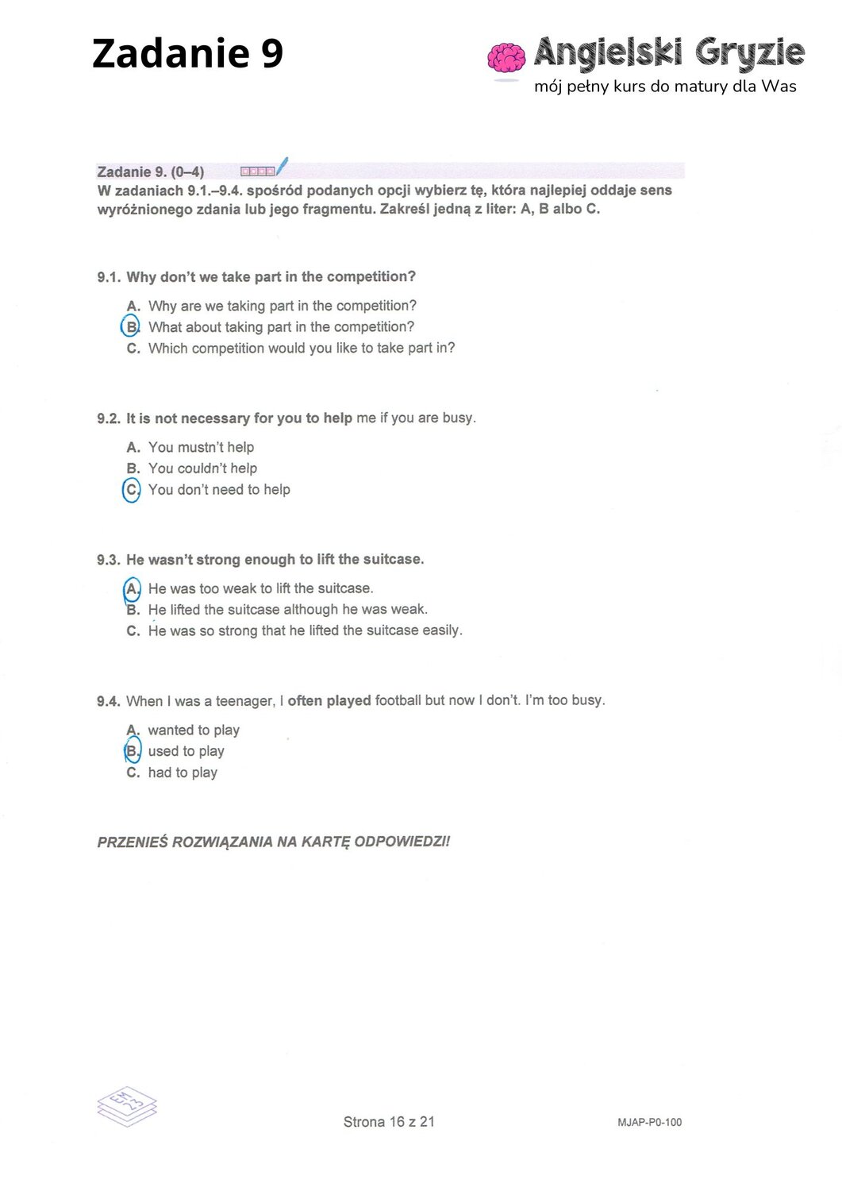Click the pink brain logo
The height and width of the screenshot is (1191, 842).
(506, 58)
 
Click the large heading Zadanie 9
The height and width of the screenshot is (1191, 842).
(187, 54)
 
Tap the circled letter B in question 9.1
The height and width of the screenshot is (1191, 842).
(131, 326)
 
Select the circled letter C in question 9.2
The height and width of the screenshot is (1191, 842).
(132, 490)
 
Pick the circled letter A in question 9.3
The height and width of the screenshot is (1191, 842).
(132, 589)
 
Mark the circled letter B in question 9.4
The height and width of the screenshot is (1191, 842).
(132, 751)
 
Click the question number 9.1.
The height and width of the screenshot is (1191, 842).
(109, 277)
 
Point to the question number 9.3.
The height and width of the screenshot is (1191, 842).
(109, 560)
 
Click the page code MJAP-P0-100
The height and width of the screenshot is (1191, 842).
(649, 1122)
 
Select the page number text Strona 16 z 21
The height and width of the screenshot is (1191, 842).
(389, 1122)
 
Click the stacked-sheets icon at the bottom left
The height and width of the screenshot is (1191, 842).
(127, 1105)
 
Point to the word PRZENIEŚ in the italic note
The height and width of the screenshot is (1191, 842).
(132, 842)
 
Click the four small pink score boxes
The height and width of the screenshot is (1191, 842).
(258, 171)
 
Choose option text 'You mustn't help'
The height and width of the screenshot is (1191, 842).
(201, 448)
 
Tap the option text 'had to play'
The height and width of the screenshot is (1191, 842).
(183, 773)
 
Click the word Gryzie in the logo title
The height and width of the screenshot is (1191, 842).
(750, 53)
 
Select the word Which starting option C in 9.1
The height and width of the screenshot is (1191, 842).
(167, 348)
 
